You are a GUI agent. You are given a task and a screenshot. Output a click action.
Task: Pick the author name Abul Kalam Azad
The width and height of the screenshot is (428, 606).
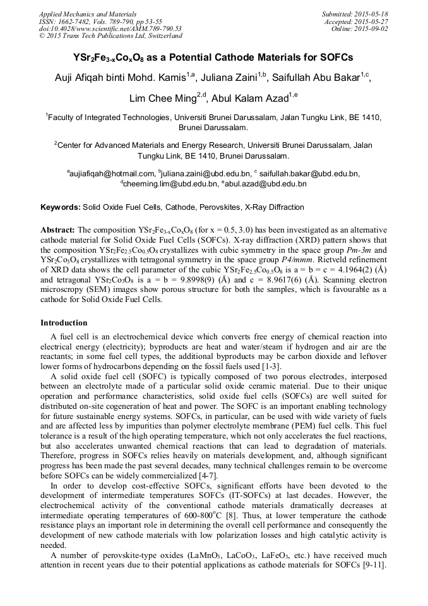247,99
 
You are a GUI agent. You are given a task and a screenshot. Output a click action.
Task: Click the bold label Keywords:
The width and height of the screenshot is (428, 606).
61,207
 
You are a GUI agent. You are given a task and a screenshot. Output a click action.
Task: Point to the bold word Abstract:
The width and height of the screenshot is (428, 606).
57,230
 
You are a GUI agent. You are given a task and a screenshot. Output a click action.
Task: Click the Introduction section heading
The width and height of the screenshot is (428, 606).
64,323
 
